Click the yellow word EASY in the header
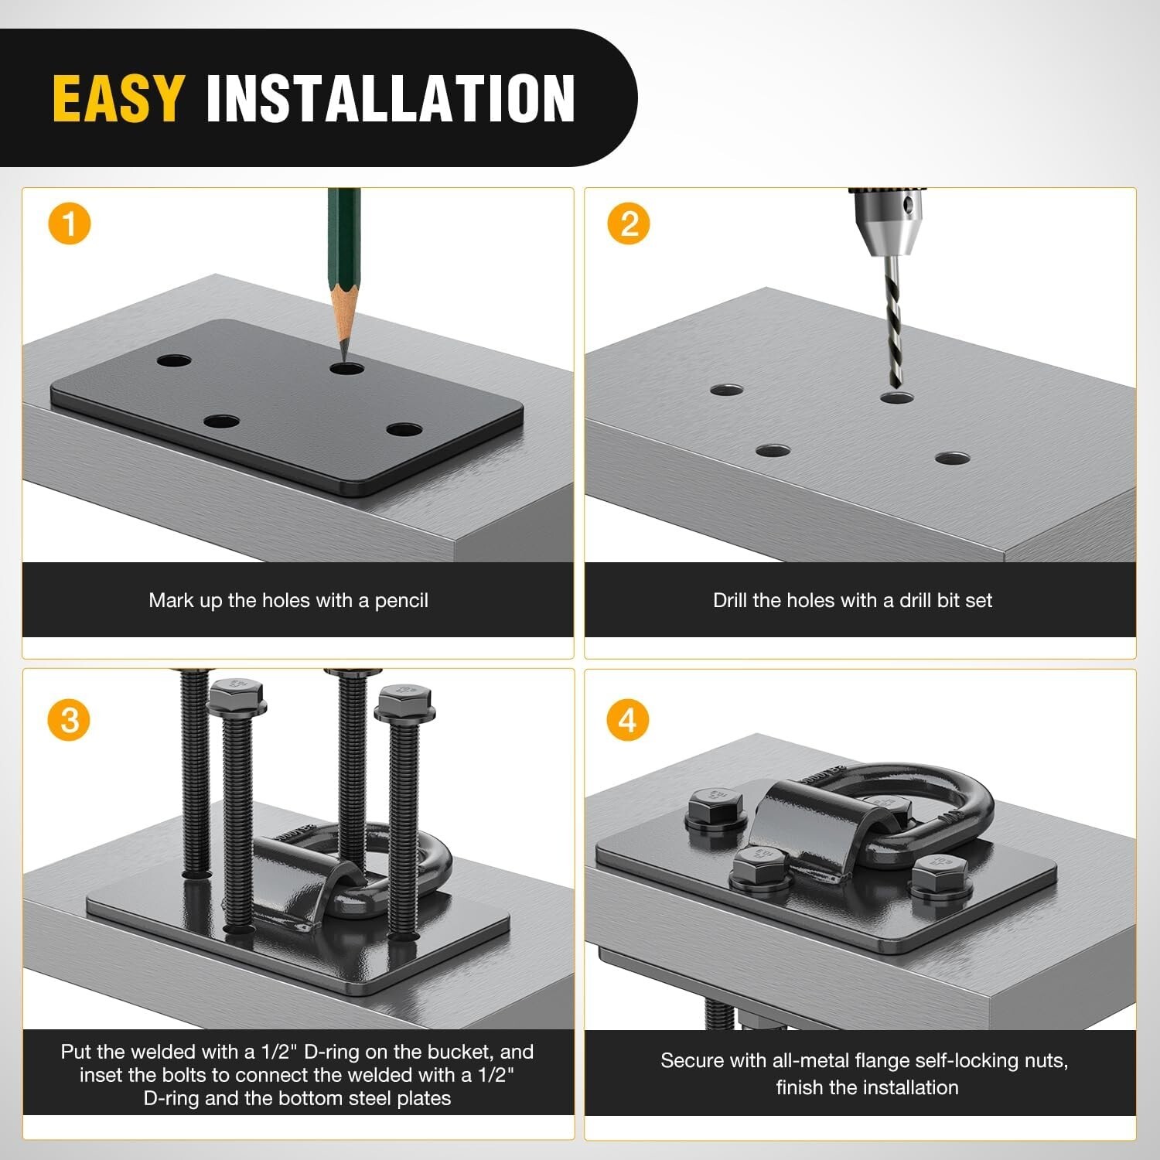pos(118,98)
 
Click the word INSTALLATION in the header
pos(391,98)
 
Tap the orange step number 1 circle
pos(70,224)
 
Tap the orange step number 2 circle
pos(629,224)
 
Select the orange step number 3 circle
pos(70,720)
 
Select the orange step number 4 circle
pos(627,720)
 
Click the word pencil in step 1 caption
pos(401,601)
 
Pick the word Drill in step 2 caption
pos(730,600)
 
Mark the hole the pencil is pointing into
pos(346,367)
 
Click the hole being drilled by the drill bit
pos(897,397)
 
